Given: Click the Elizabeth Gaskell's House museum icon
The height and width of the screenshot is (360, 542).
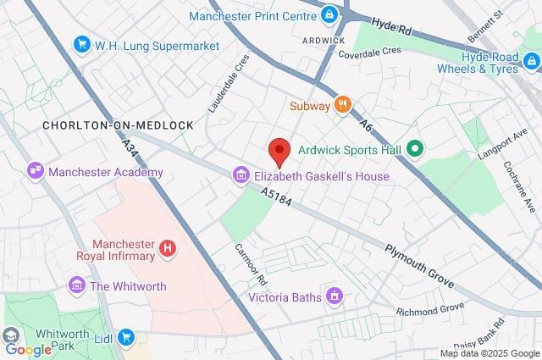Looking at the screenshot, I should [x=241, y=176].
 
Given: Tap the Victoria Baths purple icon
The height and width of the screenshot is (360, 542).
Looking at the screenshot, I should [x=335, y=296].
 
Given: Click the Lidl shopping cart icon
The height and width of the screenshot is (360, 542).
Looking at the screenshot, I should [x=126, y=337].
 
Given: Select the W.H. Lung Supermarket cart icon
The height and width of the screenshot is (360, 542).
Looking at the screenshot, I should [x=82, y=44].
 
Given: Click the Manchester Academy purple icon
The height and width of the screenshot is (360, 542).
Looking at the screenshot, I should [x=36, y=171].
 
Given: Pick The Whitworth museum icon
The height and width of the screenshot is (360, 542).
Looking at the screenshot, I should [x=77, y=285].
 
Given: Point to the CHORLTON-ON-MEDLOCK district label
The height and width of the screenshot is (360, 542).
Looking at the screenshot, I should [x=118, y=125].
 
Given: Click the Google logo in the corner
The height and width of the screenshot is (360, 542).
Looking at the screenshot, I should [x=28, y=349].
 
